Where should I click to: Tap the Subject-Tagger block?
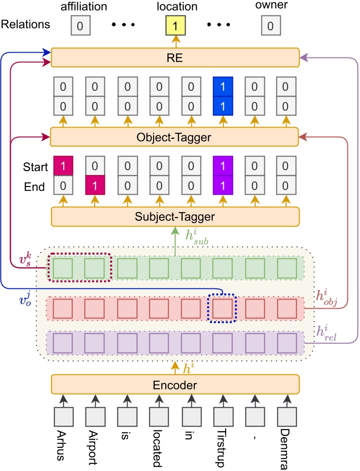tap(175, 216)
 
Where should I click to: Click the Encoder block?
tap(175, 385)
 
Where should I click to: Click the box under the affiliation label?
tap(80, 26)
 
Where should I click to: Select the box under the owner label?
tap(271, 26)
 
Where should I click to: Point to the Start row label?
tap(35, 167)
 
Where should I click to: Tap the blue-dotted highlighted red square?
tap(222, 308)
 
